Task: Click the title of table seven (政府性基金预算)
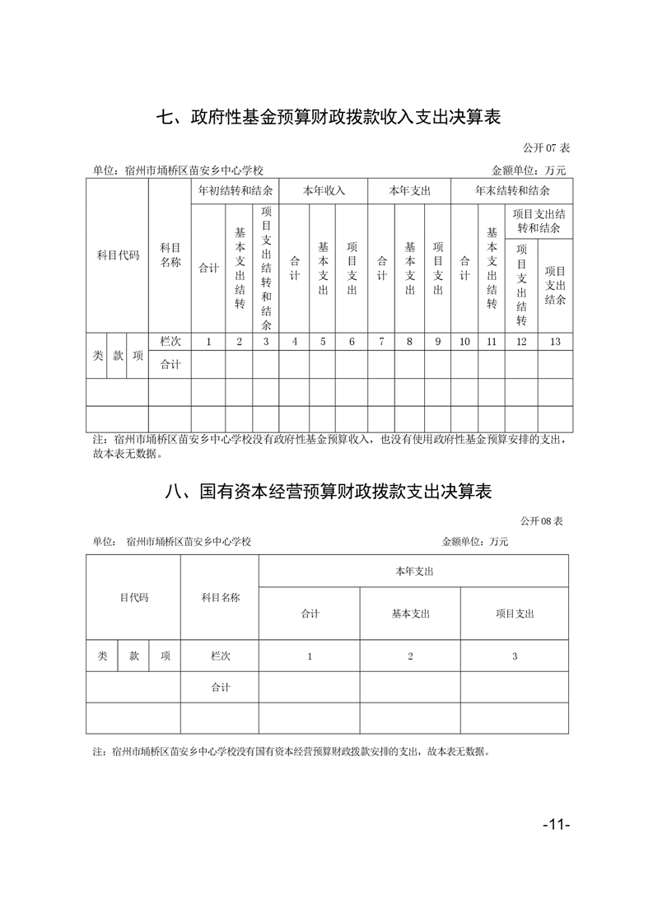[329, 117]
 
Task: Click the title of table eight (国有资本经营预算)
[329, 492]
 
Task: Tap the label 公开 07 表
[546, 148]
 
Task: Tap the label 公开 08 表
[541, 521]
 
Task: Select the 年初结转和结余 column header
[236, 190]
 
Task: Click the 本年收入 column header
[324, 190]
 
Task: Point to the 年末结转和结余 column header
[512, 190]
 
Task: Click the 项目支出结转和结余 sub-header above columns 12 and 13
[539, 221]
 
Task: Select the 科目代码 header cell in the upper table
[118, 255]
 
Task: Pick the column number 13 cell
[555, 342]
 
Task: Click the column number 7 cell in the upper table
[381, 342]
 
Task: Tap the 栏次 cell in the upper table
[170, 342]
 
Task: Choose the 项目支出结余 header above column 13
[555, 285]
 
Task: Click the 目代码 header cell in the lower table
[133, 598]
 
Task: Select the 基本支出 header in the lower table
[410, 614]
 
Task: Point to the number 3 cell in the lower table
[515, 656]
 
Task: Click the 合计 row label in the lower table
[220, 688]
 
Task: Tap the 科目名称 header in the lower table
[220, 598]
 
